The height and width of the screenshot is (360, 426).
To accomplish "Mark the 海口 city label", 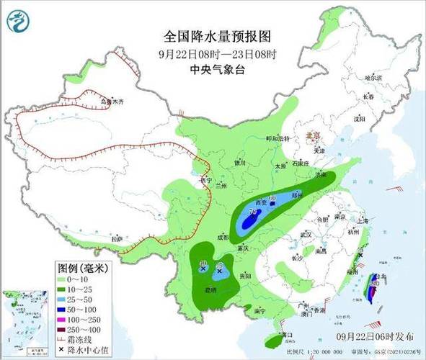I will click(x=287, y=335).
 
